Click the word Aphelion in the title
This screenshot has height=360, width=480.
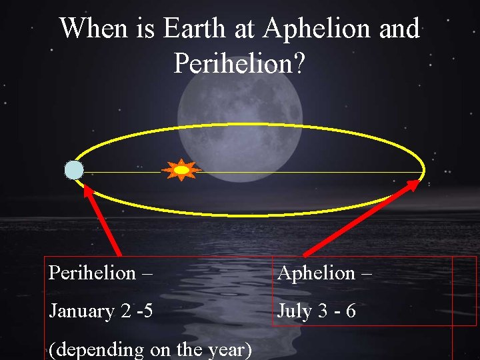pyautogui.click(x=315, y=29)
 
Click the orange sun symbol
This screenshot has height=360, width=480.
pyautogui.click(x=182, y=170)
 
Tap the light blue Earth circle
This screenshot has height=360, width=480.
pyautogui.click(x=74, y=171)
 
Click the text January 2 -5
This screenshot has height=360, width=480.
pyautogui.click(x=100, y=311)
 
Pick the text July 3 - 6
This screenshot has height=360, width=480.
pyautogui.click(x=317, y=311)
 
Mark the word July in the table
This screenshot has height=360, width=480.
pyautogui.click(x=295, y=311)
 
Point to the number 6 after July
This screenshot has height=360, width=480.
pyautogui.click(x=351, y=311)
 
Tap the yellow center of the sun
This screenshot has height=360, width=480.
pyautogui.click(x=182, y=170)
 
